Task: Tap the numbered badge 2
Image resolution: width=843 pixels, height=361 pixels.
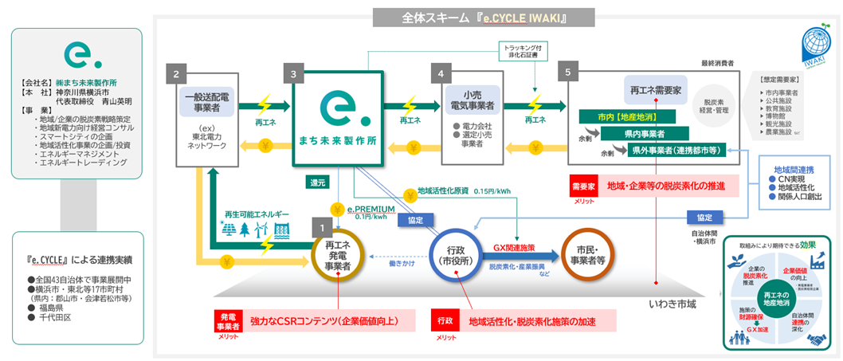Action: [175, 73]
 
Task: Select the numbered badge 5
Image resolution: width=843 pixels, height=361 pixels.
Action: [567, 73]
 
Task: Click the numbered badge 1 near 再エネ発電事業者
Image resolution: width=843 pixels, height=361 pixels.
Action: [321, 227]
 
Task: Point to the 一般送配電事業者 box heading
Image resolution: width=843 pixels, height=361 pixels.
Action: [207, 102]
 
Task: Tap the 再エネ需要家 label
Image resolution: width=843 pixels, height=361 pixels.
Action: [654, 92]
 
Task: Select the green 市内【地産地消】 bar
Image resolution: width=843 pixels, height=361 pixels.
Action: [622, 117]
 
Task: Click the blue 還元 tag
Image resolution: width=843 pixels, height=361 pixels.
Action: [318, 182]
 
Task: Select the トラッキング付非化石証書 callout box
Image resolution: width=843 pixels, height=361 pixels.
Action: [523, 51]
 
